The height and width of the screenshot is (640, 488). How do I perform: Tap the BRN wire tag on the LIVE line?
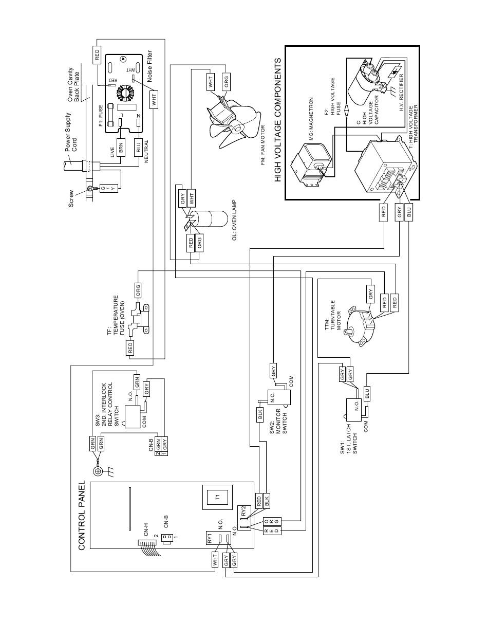tap(121, 149)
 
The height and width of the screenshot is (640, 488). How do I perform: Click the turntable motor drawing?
tap(361, 324)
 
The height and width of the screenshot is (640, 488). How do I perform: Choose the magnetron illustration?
tap(312, 164)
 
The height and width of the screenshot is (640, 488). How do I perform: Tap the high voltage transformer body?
tap(385, 164)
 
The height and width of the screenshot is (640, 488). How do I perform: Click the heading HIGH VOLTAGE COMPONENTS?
tap(278, 120)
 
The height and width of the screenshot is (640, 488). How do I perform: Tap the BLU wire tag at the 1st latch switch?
tap(367, 393)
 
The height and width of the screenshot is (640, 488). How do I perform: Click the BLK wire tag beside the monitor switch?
tap(260, 415)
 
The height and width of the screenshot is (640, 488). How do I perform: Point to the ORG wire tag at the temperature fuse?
tap(138, 290)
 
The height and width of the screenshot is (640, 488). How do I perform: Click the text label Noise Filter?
tap(150, 66)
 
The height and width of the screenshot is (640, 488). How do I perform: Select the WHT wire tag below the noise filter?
tap(154, 100)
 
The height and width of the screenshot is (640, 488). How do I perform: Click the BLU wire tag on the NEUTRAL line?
tap(138, 149)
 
